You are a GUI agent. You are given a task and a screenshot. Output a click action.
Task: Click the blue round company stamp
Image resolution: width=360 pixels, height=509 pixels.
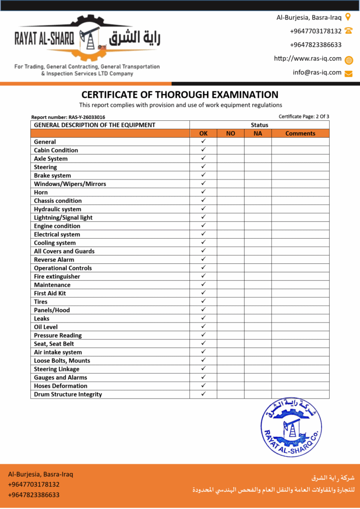pos(290,427)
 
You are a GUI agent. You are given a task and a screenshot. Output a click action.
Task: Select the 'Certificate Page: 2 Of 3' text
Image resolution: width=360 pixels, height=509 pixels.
pos(304,117)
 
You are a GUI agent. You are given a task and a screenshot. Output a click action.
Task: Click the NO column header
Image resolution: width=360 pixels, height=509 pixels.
pos(231,134)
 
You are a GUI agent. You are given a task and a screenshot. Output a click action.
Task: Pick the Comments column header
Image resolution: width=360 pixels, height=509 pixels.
pos(300,134)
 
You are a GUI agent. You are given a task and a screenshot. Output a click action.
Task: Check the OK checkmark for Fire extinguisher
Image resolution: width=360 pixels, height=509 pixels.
pos(203,276)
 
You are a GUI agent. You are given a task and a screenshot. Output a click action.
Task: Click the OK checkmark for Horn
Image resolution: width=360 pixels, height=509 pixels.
pos(203,192)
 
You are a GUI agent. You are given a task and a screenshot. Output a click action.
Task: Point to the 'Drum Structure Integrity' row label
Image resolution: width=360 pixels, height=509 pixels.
pos(68,395)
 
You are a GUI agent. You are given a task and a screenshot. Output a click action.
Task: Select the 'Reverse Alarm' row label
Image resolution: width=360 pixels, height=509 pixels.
pos(54,260)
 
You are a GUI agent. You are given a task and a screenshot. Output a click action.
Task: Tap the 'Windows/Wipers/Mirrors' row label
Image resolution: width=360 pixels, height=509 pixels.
pos(70,184)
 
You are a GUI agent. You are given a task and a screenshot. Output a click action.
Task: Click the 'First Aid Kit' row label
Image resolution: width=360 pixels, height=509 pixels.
pos(50,293)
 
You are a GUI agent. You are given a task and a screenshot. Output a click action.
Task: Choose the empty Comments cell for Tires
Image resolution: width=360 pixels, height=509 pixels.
pos(300,302)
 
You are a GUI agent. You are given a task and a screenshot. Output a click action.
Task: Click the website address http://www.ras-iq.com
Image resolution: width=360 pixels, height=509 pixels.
pos(308,59)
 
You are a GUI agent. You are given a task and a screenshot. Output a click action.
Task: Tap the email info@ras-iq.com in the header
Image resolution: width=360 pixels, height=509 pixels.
pos(317,73)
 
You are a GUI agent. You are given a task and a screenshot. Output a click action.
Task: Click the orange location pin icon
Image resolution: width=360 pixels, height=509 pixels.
pos(348,17)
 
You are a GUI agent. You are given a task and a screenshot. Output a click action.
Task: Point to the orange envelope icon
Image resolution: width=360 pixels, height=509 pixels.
pos(349,74)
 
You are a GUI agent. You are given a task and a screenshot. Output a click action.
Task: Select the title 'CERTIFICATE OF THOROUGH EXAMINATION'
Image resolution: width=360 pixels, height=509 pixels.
pos(180,94)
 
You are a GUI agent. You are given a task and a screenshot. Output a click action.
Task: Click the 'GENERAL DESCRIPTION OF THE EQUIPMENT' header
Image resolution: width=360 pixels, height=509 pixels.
pos(94,125)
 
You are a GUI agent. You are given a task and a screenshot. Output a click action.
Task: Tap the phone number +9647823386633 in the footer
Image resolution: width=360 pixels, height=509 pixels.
pos(34,495)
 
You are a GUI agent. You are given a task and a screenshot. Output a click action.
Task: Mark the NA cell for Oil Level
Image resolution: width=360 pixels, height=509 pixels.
pos(258,327)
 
